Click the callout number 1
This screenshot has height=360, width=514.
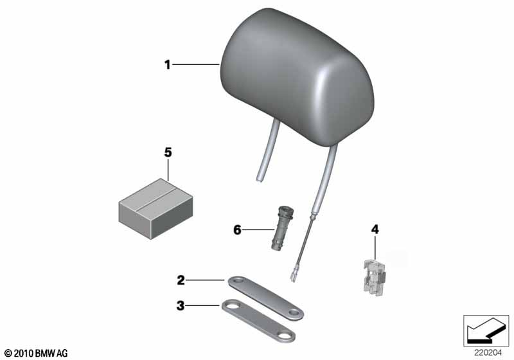click(168, 64)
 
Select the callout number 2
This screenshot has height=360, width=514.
click(181, 280)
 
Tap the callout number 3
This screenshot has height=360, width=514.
click(181, 306)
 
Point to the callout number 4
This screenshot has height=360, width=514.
click(375, 230)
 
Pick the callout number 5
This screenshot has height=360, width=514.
click(168, 152)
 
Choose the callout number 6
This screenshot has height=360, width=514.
click(237, 230)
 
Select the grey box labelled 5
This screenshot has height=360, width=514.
click(155, 208)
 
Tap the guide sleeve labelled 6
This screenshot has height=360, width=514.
click(281, 227)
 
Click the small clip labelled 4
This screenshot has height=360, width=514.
click(375, 276)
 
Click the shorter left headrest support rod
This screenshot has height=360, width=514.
click(268, 151)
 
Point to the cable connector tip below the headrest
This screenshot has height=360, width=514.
click(293, 277)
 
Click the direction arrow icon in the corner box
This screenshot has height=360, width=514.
click(486, 330)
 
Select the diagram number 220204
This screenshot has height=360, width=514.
click(488, 353)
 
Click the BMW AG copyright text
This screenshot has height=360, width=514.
click(37, 354)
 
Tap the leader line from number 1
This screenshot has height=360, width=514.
click(196, 65)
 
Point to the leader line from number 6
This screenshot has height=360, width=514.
click(259, 230)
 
